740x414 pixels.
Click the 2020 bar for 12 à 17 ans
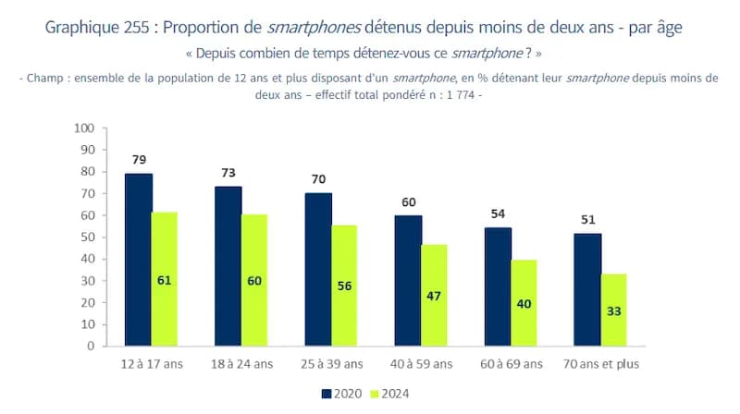(139, 260)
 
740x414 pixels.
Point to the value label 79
(139, 159)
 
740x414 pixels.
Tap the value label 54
(499, 214)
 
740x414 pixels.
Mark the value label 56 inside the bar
(344, 286)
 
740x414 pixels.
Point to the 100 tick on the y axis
(85, 128)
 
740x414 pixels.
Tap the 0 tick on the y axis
(92, 347)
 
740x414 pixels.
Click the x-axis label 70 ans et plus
(600, 364)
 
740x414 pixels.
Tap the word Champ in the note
(45, 79)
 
